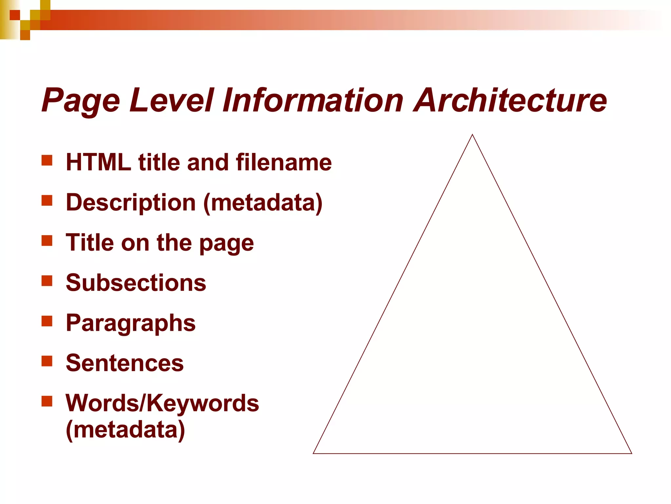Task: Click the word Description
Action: point(131,203)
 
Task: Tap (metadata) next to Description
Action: point(263,203)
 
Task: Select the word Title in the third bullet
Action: point(89,242)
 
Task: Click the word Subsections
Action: point(136,283)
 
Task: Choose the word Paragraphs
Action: point(131,323)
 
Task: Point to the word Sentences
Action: point(125,363)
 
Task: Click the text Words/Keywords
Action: point(162,403)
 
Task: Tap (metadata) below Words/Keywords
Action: point(125,430)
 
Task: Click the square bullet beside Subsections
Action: point(47,281)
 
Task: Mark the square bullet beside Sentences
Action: point(47,361)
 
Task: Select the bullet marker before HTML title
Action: point(47,160)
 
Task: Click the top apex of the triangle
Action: point(472,135)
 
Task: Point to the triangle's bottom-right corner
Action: point(631,453)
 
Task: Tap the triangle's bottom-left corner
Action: point(314,453)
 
